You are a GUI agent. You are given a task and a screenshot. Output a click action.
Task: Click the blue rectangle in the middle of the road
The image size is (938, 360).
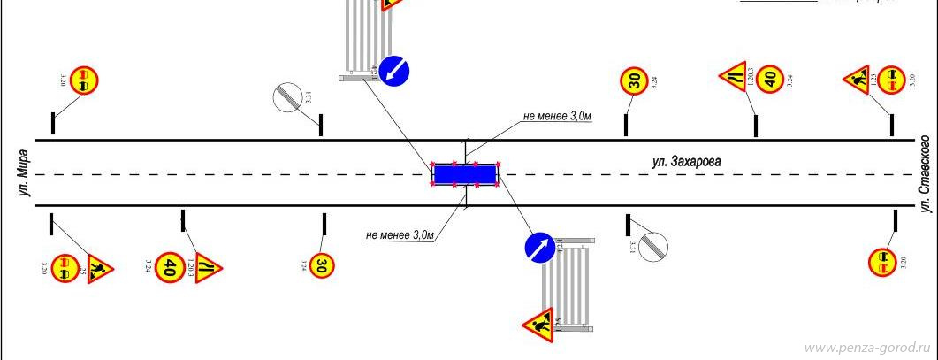click(465, 174)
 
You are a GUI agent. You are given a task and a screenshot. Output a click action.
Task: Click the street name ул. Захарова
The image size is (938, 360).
click(687, 162)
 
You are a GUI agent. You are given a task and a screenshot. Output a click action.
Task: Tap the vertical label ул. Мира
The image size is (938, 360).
click(26, 173)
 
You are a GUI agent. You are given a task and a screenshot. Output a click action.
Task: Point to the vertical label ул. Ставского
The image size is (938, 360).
click(926, 173)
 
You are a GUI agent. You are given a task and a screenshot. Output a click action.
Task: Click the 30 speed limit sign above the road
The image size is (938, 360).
click(634, 81)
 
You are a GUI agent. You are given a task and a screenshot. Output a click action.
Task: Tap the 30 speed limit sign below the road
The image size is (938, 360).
click(322, 264)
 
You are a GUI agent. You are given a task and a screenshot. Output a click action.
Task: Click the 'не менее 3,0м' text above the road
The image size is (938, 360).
click(557, 116)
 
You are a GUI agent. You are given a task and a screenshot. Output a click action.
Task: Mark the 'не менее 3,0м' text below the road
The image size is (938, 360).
click(400, 235)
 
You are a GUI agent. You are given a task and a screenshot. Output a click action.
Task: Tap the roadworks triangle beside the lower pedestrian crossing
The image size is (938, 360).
click(538, 326)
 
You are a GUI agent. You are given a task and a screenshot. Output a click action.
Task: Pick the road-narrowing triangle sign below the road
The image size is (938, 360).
click(207, 266)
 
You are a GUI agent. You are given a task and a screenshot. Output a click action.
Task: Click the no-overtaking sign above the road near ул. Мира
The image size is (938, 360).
click(84, 80)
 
